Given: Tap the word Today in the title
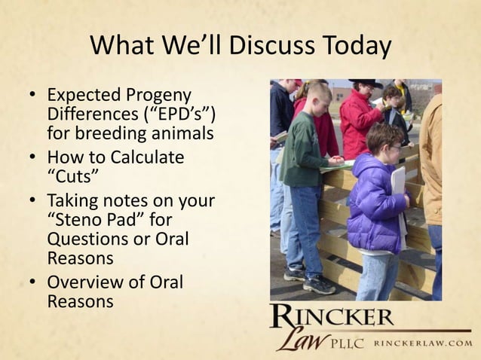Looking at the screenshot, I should coord(356,46).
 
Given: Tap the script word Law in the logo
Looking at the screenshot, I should coord(302,340).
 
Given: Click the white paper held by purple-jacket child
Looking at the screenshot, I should coord(397,181).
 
